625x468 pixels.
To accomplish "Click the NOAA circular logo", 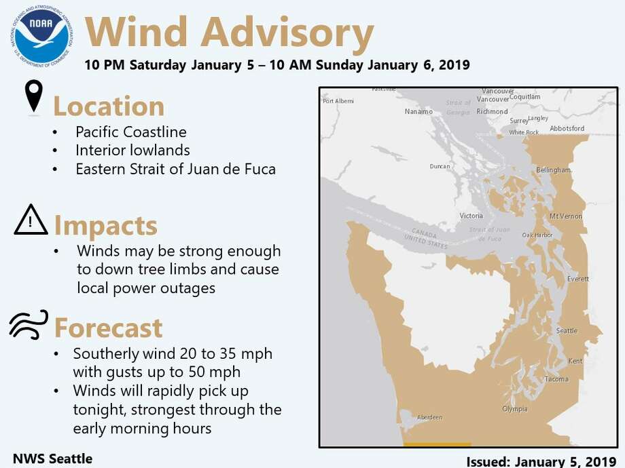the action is tap(41, 36).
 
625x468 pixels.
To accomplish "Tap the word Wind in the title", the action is tap(136, 32).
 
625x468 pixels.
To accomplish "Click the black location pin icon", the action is tap(34, 96).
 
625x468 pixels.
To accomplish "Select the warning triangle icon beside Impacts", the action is tap(31, 219).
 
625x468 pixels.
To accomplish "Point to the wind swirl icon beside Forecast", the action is tap(29, 324).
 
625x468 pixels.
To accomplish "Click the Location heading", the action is tap(109, 106).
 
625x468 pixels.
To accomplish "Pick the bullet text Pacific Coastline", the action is tap(131, 132).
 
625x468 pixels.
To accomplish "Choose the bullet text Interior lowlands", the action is tap(132, 151).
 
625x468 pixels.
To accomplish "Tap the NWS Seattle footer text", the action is tap(52, 459).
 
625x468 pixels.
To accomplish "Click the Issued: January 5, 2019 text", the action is tap(541, 462).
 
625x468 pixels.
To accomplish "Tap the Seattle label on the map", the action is tap(567, 331).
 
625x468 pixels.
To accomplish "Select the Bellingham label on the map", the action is tap(553, 170).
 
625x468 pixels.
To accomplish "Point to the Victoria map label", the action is tap(471, 216).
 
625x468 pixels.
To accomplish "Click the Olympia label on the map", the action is tap(515, 409).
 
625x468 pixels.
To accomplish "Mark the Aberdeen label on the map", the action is tap(429, 417).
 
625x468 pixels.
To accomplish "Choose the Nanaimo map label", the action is tap(418, 112).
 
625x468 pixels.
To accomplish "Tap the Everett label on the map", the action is tap(578, 279).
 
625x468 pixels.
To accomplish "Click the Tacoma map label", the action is tap(556, 379).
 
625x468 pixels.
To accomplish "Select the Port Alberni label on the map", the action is tap(338, 101).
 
